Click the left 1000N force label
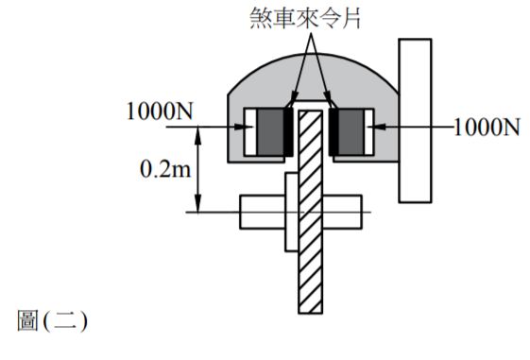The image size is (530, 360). [160, 111]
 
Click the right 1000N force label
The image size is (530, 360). [486, 127]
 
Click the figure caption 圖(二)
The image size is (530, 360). [53, 321]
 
